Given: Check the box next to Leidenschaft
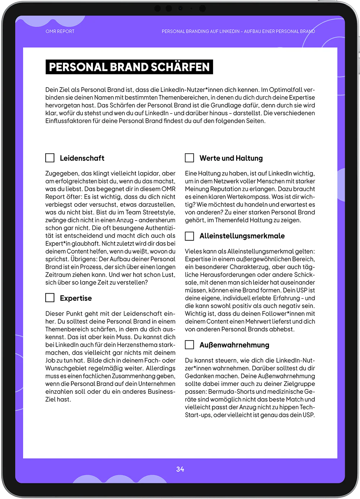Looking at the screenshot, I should point(50,158).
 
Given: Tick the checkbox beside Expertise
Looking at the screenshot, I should point(50,298).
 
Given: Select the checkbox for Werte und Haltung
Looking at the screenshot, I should point(189,158).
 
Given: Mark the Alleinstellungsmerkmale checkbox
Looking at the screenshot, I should point(189,236).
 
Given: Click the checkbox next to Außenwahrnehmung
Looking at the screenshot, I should point(189,345).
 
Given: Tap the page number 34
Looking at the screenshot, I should point(180,469).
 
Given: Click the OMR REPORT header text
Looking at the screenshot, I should point(60,31).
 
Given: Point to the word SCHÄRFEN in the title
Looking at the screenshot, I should point(180,67).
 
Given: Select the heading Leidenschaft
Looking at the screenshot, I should point(82,158).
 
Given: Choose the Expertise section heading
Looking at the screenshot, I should point(76,298).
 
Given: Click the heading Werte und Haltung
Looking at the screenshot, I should point(231,158).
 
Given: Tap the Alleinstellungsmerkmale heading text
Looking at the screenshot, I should point(242,236).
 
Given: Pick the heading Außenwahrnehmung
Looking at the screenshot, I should point(234,345).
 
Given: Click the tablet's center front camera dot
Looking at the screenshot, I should point(180,8).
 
